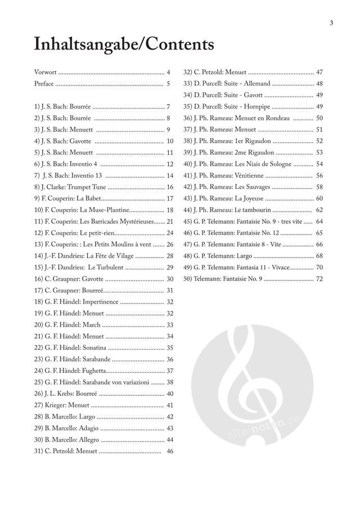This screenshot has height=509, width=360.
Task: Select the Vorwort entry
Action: pos(46,73)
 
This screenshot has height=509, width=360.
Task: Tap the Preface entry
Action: pos(44,84)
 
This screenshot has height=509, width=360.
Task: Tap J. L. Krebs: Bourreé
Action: pos(66,394)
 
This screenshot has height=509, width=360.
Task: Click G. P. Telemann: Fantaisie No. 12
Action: pos(231,233)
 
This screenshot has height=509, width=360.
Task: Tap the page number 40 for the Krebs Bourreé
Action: pos(170,394)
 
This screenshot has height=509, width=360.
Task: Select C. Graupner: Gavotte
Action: pos(68,279)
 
